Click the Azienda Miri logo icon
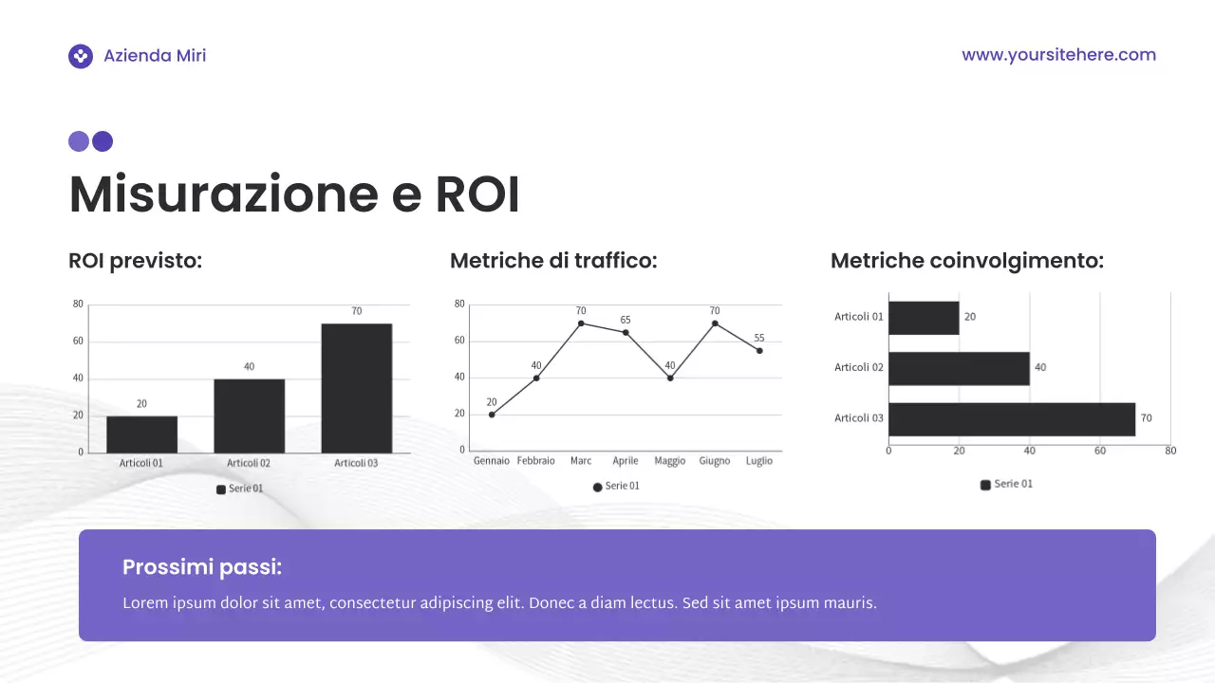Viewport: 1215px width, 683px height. pyautogui.click(x=81, y=56)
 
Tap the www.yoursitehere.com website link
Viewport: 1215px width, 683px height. pyautogui.click(x=1058, y=55)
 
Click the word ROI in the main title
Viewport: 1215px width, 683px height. pyautogui.click(x=477, y=194)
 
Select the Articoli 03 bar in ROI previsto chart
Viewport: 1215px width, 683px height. pyautogui.click(x=356, y=388)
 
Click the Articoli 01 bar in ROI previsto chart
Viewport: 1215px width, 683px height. pyautogui.click(x=141, y=434)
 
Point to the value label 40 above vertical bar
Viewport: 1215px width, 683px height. pyautogui.click(x=249, y=366)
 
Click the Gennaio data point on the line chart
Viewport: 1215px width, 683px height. pyautogui.click(x=492, y=415)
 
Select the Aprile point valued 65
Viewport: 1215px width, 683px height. pyautogui.click(x=626, y=332)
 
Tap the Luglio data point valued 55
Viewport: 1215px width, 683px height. pyautogui.click(x=759, y=351)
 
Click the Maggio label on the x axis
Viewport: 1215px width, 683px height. pyautogui.click(x=670, y=461)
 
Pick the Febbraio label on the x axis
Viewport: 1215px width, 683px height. pyautogui.click(x=535, y=461)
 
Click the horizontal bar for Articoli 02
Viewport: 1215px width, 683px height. pyautogui.click(x=959, y=368)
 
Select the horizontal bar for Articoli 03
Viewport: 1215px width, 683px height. pyautogui.click(x=1011, y=418)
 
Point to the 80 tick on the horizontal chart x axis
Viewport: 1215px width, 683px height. pyautogui.click(x=1170, y=451)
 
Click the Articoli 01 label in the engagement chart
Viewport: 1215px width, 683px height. pyautogui.click(x=859, y=317)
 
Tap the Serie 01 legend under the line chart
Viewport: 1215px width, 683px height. pyautogui.click(x=616, y=486)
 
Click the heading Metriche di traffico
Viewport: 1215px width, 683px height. pyautogui.click(x=553, y=261)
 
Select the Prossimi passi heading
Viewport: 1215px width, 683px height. pyautogui.click(x=202, y=567)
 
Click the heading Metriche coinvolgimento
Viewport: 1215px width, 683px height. pyautogui.click(x=966, y=261)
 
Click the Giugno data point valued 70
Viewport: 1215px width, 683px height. pyautogui.click(x=715, y=323)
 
